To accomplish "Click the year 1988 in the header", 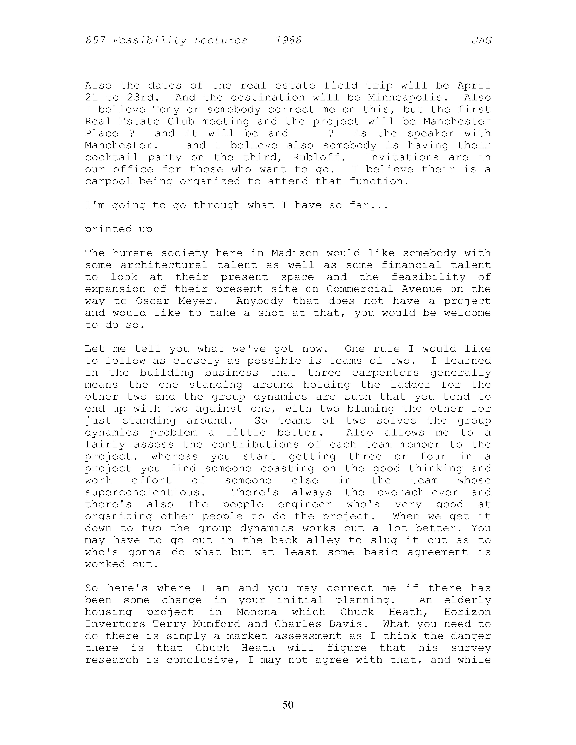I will tap(288, 41).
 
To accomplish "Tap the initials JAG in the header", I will tap(481, 41).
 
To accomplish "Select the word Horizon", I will tap(467, 612).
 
